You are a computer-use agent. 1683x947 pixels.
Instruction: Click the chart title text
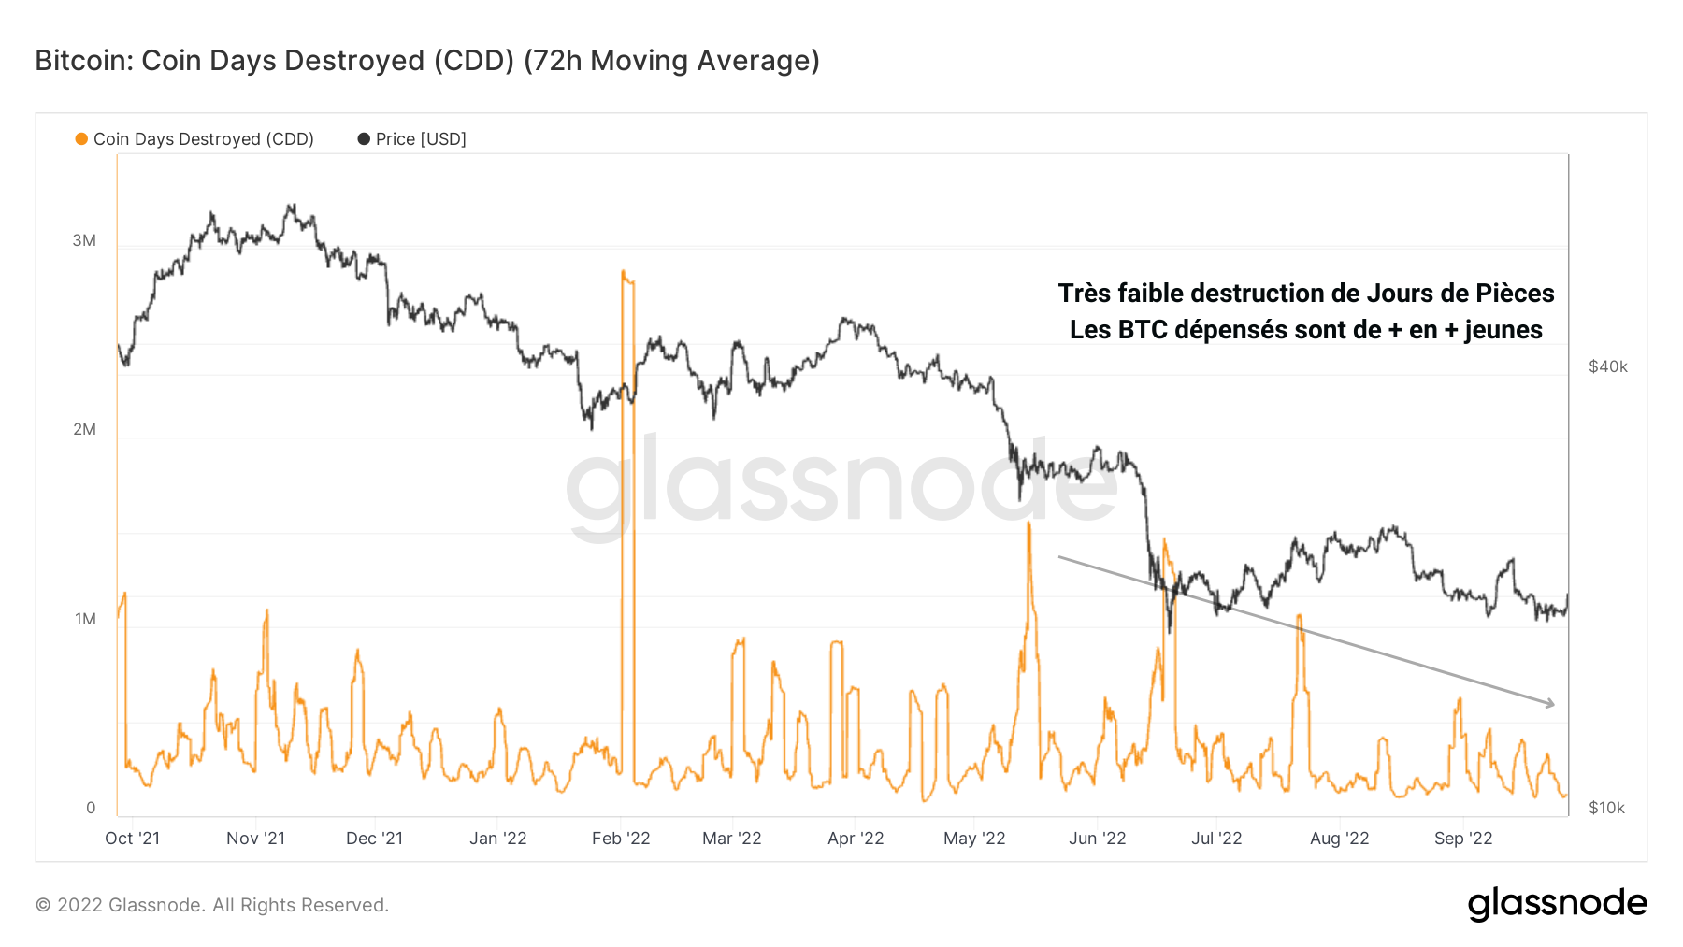[x=427, y=61]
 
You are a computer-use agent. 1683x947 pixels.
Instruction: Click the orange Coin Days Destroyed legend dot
[x=81, y=139]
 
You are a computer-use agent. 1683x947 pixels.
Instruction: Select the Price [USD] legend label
[x=421, y=139]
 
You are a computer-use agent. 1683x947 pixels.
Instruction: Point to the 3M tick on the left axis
[x=84, y=240]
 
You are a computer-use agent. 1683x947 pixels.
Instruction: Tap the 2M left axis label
[x=84, y=429]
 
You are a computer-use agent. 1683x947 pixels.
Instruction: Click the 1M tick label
[x=85, y=619]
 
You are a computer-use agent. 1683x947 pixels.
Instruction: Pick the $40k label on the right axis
[x=1608, y=366]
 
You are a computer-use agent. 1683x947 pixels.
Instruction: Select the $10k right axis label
[x=1606, y=808]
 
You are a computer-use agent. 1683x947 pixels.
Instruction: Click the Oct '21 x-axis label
[x=132, y=839]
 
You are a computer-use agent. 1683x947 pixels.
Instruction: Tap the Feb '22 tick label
[x=621, y=839]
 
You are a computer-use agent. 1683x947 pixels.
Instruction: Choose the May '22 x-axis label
[x=974, y=839]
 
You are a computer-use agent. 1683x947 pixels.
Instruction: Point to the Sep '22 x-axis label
[x=1463, y=839]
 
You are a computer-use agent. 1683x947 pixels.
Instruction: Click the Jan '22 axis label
[x=497, y=839]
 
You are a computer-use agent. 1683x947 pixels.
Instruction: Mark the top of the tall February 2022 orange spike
[x=624, y=273]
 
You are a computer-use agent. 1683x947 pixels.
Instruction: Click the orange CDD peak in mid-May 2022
[x=1028, y=524]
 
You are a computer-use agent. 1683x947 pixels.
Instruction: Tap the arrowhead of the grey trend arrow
[x=1550, y=704]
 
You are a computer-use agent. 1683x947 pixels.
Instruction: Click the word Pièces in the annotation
[x=1515, y=294]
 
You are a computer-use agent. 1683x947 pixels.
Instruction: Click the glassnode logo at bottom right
[x=1557, y=904]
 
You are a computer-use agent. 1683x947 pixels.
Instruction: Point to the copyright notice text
[x=211, y=905]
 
